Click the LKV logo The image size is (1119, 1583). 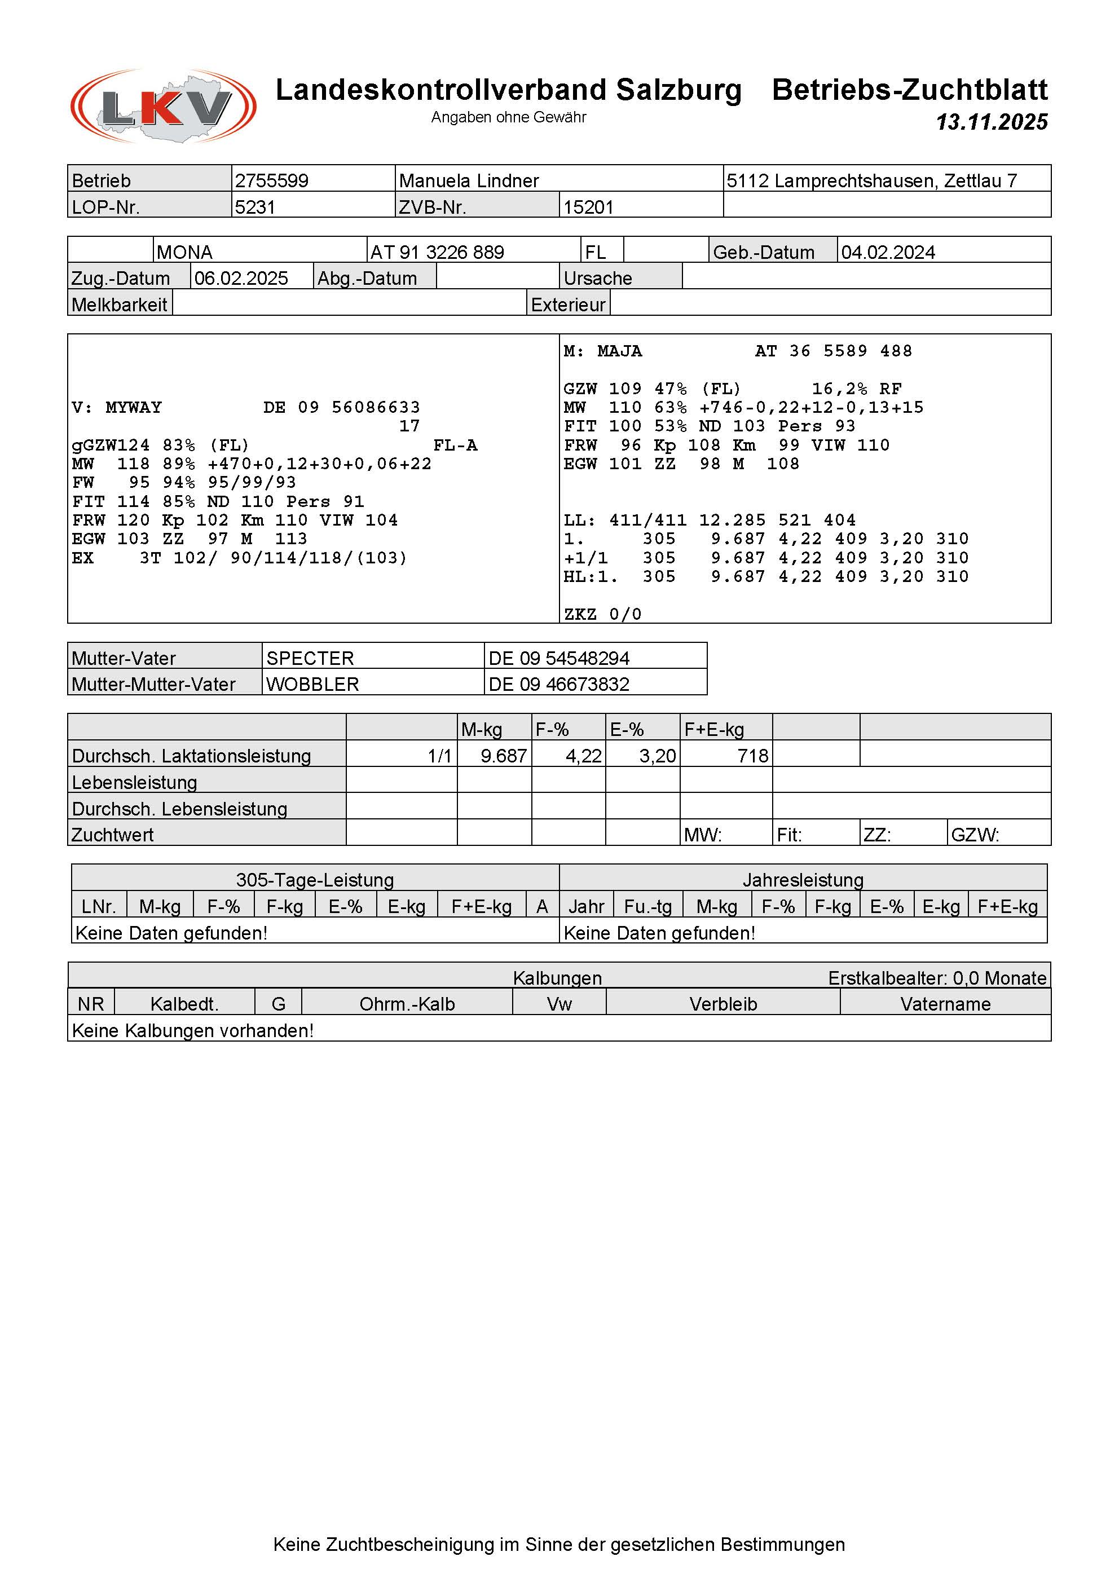pyautogui.click(x=164, y=107)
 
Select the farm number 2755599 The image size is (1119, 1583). pyautogui.click(x=272, y=180)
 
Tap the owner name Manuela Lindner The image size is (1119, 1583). pyautogui.click(x=469, y=180)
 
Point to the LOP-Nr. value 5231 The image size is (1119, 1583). pyautogui.click(x=255, y=207)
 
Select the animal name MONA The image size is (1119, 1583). pyautogui.click(x=185, y=252)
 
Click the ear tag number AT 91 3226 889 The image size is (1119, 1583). pyautogui.click(x=437, y=252)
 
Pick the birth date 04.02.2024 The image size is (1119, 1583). pyautogui.click(x=888, y=252)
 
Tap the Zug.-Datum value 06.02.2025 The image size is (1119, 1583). pyautogui.click(x=241, y=279)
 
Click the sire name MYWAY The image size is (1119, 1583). pyautogui.click(x=134, y=408)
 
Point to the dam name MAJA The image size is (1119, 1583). pyautogui.click(x=619, y=351)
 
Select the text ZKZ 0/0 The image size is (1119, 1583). pyautogui.click(x=602, y=614)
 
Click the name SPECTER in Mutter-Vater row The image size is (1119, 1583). pyautogui.click(x=310, y=659)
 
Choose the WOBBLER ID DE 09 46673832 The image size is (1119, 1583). pyautogui.click(x=559, y=685)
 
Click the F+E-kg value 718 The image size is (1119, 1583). pyautogui.click(x=752, y=756)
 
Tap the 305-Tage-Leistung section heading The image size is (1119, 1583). pyautogui.click(x=315, y=880)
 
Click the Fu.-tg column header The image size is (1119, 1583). pyautogui.click(x=647, y=907)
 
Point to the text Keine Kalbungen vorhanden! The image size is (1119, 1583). pyautogui.click(x=193, y=1031)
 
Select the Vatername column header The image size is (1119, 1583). pyautogui.click(x=945, y=1004)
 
